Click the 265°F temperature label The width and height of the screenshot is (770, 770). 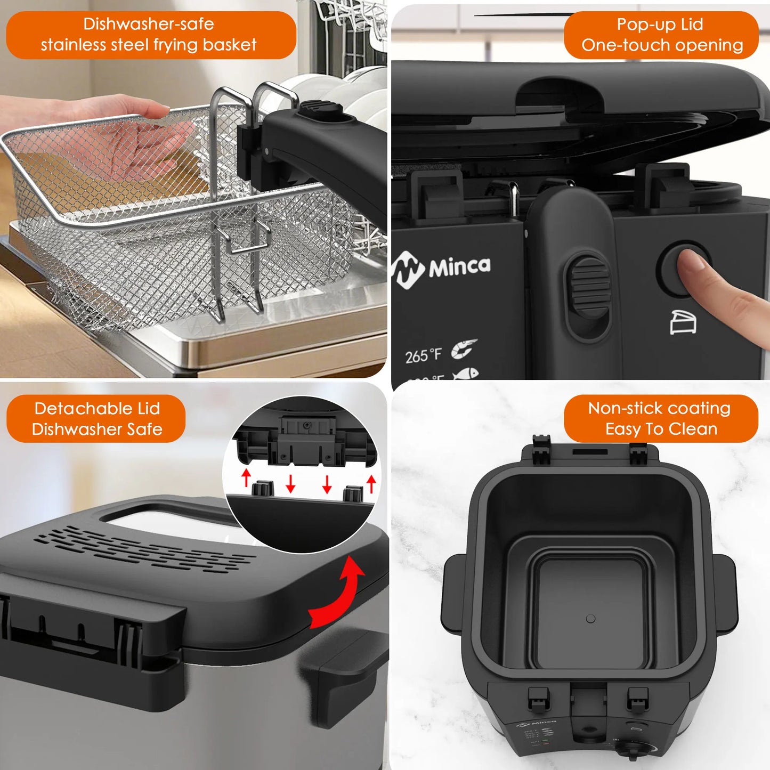(x=423, y=355)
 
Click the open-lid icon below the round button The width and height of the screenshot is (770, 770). (x=683, y=322)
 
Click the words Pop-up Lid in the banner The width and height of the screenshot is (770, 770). (x=660, y=24)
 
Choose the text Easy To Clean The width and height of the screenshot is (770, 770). (x=661, y=429)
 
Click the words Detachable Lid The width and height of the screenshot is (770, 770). (x=97, y=408)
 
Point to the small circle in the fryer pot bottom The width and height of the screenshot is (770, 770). (x=590, y=619)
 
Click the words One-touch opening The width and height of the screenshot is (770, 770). (x=662, y=45)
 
